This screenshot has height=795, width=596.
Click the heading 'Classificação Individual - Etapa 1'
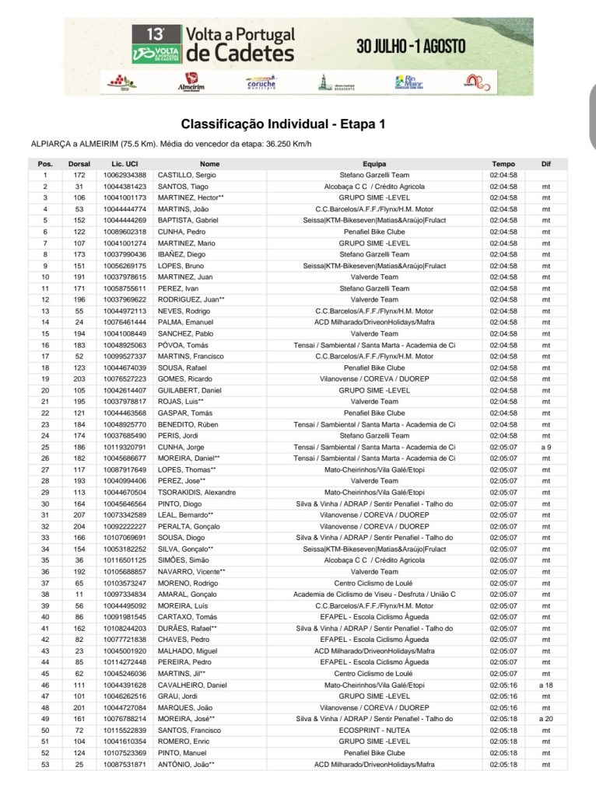[x=282, y=124]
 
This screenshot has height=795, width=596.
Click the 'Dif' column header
[x=545, y=164]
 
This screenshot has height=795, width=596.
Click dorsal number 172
[x=79, y=176]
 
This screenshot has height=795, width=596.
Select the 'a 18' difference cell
[x=545, y=685]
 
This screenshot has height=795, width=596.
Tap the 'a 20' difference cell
[x=545, y=719]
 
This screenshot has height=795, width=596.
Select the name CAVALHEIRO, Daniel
[x=192, y=685]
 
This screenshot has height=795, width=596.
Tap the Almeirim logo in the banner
[x=191, y=82]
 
